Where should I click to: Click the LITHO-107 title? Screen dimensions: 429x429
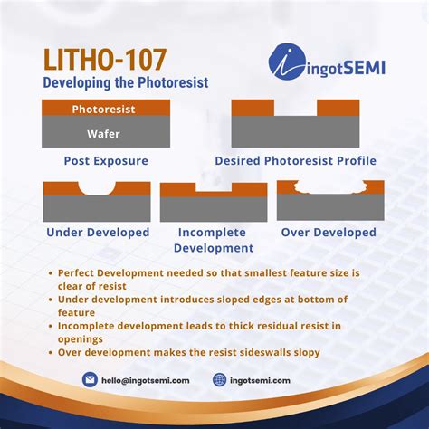104,61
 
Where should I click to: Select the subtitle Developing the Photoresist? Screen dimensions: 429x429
125,82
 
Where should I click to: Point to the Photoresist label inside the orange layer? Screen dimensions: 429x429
105,109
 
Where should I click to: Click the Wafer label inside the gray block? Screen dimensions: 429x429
105,133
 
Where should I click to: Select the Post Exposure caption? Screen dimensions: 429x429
105,161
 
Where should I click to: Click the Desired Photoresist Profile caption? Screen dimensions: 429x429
295,161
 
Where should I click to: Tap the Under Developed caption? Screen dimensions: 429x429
98,233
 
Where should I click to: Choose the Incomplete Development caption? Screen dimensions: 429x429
213,240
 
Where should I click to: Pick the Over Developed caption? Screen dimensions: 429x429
329,233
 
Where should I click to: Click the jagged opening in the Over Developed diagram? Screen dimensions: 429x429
329,188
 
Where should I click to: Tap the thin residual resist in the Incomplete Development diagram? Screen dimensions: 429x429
213,193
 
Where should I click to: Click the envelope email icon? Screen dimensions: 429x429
90,380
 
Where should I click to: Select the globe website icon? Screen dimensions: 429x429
220,380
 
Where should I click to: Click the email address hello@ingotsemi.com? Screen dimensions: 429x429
148,381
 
